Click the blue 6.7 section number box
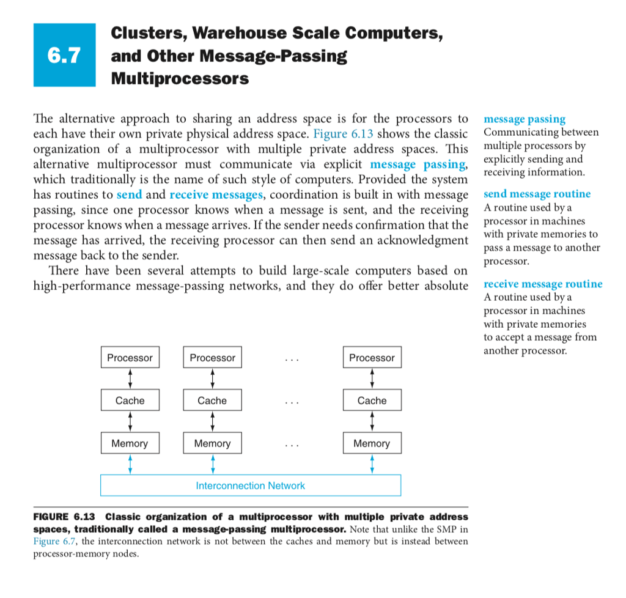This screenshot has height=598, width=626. (64, 55)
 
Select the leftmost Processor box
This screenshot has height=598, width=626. (130, 358)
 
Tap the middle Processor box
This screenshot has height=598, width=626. (212, 358)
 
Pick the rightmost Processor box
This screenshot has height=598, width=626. (372, 358)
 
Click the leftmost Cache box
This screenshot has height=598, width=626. (130, 401)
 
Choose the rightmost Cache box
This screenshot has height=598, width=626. (372, 401)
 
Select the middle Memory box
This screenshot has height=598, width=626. (212, 443)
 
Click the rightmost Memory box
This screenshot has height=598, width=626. (372, 443)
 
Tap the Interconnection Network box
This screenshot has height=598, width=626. (250, 485)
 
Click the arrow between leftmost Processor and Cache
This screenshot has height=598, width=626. (130, 379)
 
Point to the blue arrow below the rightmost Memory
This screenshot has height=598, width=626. (372, 464)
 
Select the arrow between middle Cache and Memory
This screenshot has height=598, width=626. (212, 422)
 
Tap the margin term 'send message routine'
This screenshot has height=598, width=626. (537, 194)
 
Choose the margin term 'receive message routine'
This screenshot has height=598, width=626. (542, 284)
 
